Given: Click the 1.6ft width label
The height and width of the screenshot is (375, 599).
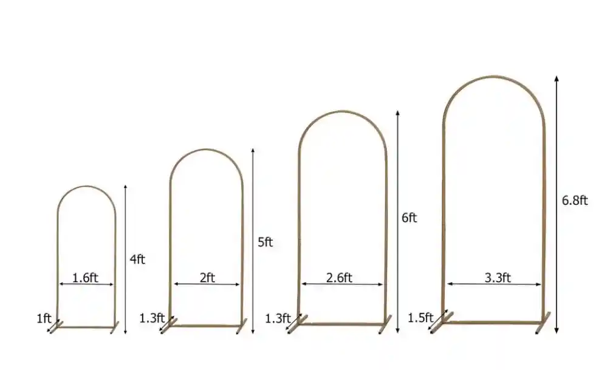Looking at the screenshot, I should click(85, 277).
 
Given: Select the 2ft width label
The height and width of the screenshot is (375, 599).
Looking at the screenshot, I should click(207, 277).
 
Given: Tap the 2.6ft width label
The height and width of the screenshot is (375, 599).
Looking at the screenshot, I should click(339, 277).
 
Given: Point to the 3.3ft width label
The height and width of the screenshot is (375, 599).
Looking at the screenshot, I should click(498, 277).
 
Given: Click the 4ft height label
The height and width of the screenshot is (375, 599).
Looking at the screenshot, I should click(137, 259).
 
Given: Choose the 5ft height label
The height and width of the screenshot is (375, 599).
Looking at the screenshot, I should click(265, 242).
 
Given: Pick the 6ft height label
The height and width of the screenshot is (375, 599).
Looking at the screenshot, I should click(409, 218).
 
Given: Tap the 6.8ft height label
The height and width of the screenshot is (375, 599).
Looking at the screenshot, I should click(574, 201).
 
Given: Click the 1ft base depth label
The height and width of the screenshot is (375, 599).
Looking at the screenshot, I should click(43, 317).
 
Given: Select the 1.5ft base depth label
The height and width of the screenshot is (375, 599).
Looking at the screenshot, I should click(420, 317).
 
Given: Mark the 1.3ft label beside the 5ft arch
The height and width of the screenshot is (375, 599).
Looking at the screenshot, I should click(152, 317).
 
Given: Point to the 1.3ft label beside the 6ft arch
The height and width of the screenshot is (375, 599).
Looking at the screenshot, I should click(278, 317).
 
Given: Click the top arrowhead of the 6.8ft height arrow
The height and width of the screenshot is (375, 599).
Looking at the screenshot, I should click(556, 78).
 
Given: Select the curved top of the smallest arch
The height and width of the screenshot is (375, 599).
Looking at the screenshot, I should click(86, 187).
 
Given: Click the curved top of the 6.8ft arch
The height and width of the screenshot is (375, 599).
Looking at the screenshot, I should click(493, 77).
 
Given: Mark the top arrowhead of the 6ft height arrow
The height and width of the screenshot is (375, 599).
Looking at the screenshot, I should click(397, 114).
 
